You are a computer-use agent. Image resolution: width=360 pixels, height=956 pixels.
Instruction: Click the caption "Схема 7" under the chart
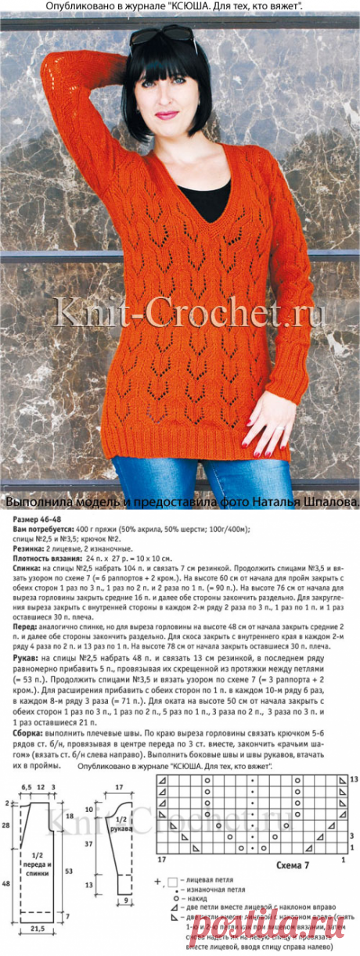pos(294,867)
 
